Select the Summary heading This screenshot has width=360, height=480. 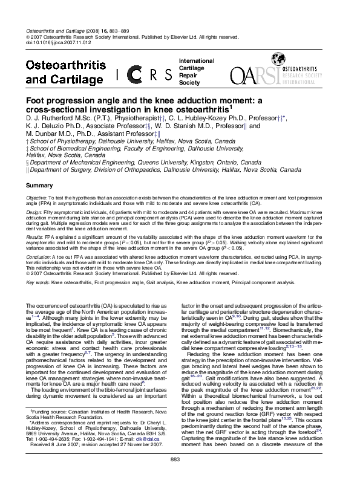pyautogui.click(x=39, y=185)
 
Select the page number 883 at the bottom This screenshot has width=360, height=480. pyautogui.click(x=180, y=461)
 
